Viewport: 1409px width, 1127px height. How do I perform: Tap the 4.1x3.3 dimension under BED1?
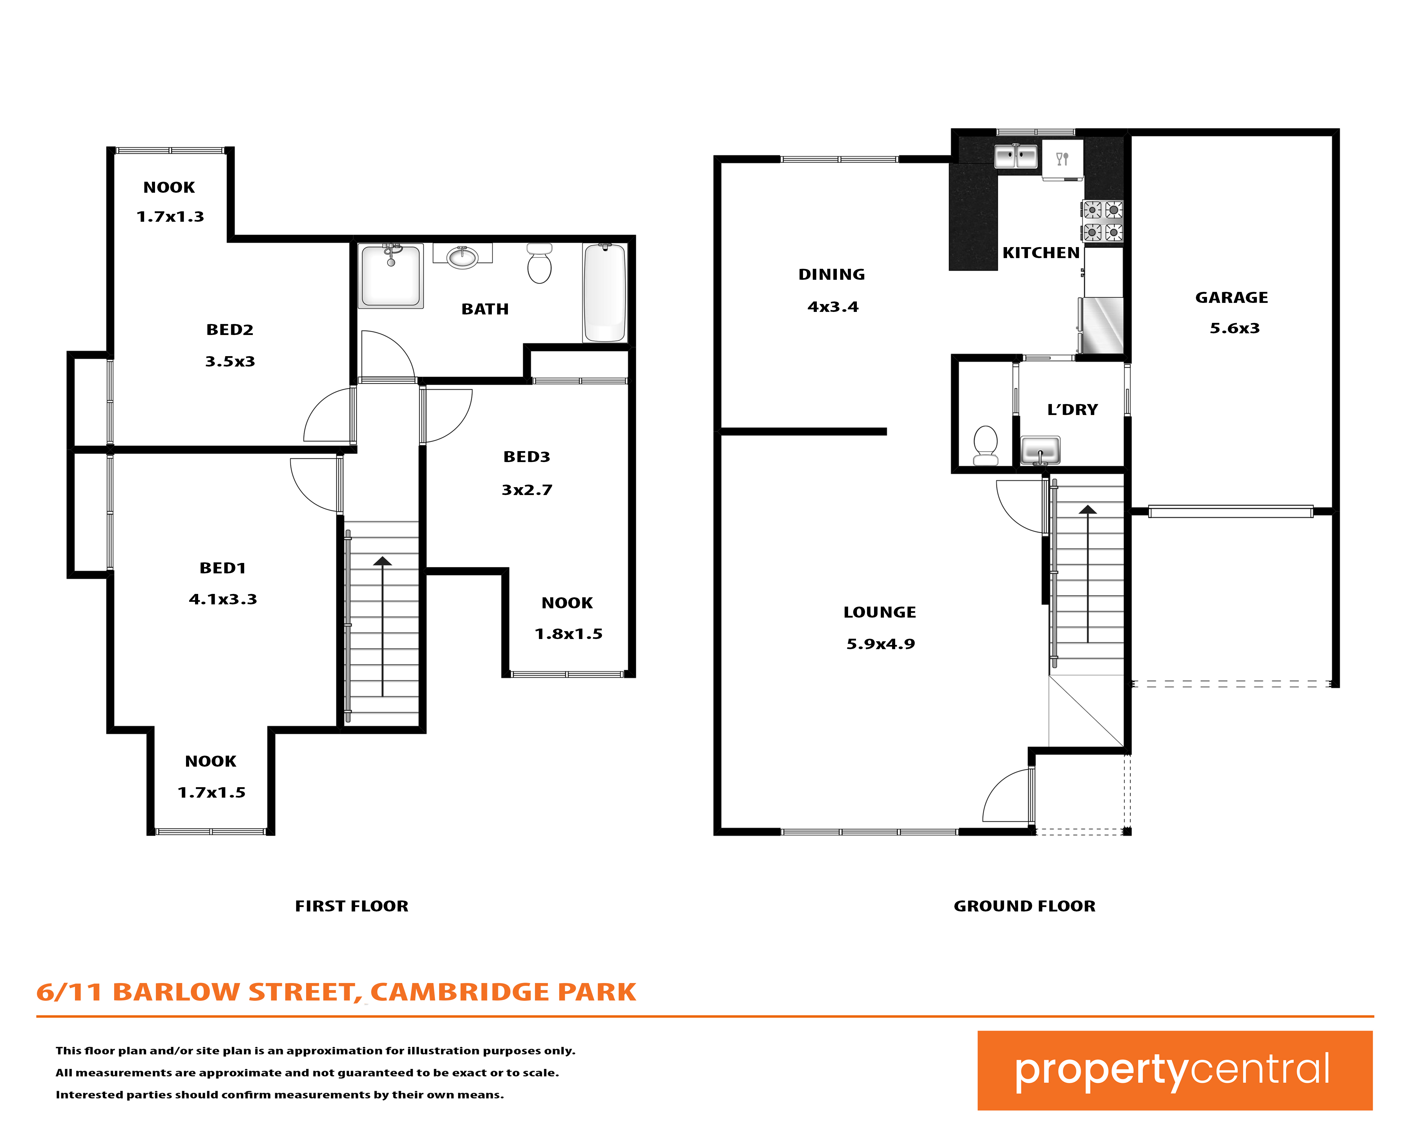(223, 599)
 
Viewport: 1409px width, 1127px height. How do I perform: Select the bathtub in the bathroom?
(605, 293)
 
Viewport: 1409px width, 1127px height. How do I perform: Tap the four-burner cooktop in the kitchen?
(1103, 221)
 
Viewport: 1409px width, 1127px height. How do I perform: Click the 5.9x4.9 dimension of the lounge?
(880, 644)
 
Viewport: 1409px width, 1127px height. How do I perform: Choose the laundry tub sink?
(1040, 450)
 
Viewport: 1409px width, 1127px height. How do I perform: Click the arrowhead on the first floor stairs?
(382, 561)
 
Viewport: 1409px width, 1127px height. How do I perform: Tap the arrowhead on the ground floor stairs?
(1087, 510)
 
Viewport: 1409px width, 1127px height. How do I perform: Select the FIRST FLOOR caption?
(351, 906)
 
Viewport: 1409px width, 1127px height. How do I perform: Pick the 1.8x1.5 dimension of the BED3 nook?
(569, 634)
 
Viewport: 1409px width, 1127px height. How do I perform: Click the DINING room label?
(831, 274)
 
